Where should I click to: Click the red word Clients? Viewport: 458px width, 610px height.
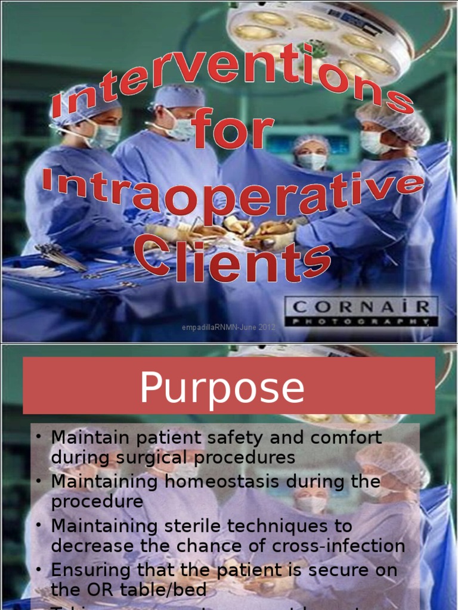233,259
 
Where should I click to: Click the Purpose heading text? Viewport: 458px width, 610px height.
222,388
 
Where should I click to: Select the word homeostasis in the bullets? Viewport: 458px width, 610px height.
233,481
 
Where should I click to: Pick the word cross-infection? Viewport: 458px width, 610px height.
348,546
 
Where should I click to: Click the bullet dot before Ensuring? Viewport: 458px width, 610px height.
38,570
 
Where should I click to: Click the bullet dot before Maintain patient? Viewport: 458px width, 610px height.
38,437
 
